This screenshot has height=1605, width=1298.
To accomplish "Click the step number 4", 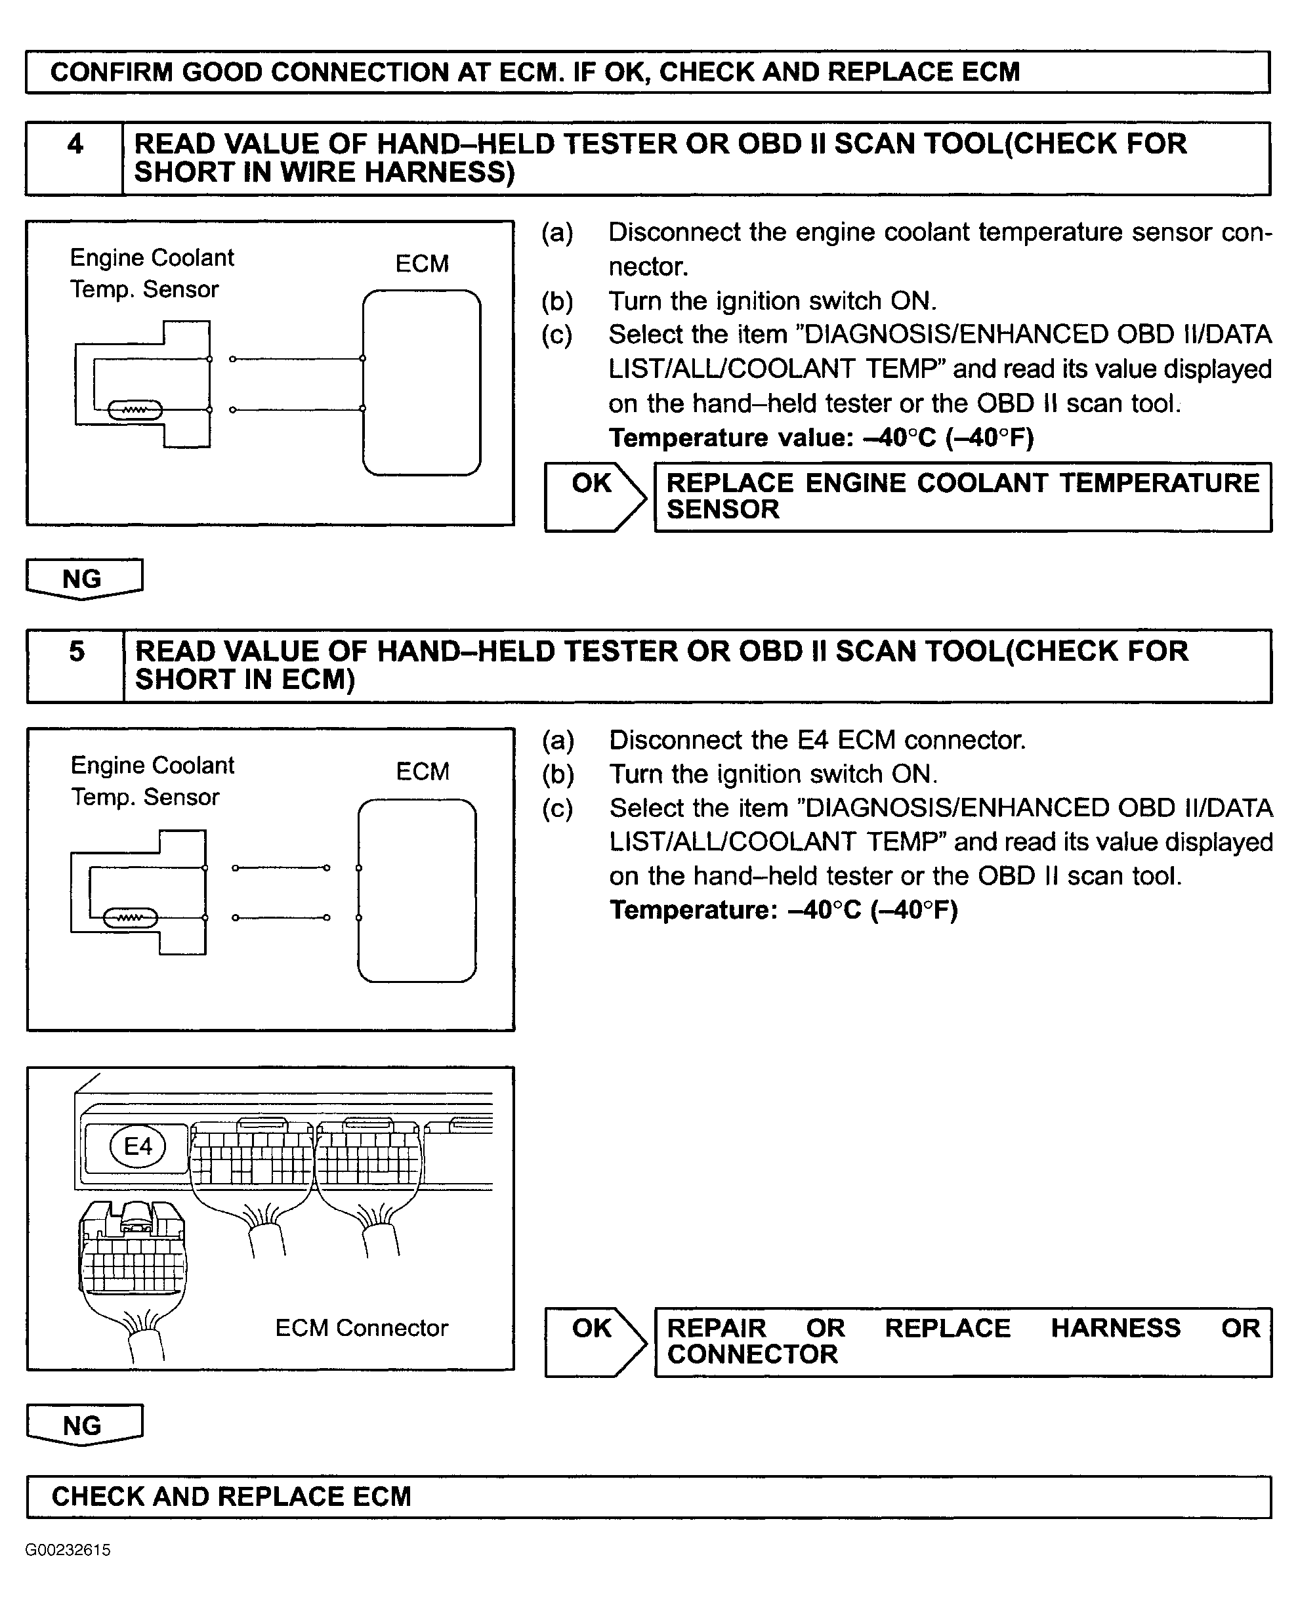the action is (x=75, y=144).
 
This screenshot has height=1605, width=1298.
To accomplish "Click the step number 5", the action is (x=77, y=651).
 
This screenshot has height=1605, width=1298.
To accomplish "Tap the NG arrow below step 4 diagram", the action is (x=84, y=579).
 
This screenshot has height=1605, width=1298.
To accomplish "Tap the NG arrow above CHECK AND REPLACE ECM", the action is (x=84, y=1425).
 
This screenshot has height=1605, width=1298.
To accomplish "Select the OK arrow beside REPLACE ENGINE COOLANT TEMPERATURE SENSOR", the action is (x=595, y=497).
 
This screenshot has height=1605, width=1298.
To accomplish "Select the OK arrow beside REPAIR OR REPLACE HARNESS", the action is (x=595, y=1342).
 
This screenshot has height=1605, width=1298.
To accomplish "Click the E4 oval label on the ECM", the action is (x=138, y=1146).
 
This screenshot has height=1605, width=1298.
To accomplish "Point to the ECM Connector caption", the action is (x=362, y=1327).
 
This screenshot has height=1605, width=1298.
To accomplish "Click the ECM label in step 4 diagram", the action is (x=423, y=264).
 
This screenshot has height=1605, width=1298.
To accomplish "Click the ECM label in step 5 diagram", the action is (x=423, y=772).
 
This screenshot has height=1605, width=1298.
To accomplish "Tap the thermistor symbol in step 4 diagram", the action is (x=135, y=410).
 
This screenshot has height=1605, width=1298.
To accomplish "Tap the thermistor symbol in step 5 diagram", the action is (x=131, y=918).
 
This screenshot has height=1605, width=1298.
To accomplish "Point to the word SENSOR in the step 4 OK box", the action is (x=723, y=510).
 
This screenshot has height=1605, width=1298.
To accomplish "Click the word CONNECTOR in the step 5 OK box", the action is (x=752, y=1354).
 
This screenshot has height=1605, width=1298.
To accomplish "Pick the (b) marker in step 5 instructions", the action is (x=558, y=774).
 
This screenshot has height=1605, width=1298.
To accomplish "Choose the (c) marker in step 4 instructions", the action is (x=557, y=334).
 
